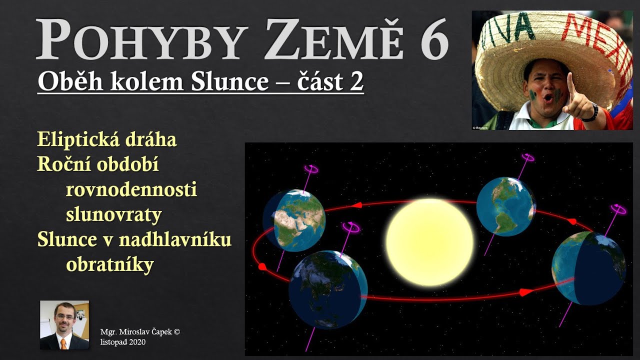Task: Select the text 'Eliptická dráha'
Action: coord(107,140)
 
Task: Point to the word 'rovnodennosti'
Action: coord(131,190)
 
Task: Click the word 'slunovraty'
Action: coord(114,215)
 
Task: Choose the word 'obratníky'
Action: coord(109,265)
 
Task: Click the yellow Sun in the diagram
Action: coord(429,242)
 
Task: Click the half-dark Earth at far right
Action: coord(588,268)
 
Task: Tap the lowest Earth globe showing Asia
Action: coord(327,290)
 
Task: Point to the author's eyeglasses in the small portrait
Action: coord(64,317)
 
